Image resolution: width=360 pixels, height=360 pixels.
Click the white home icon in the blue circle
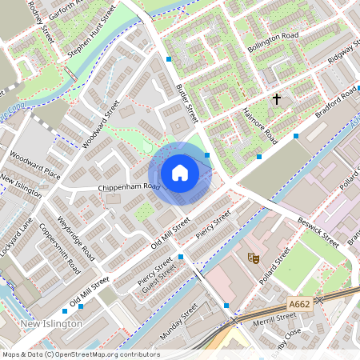click(x=180, y=173)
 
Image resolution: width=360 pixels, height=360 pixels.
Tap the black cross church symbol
click(x=277, y=100)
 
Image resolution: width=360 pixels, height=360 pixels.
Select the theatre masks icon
click(x=253, y=258)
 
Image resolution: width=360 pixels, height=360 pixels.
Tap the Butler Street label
click(x=186, y=104)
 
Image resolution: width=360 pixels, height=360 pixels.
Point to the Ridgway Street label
click(x=342, y=53)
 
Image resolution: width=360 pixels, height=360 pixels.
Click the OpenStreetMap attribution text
click(x=81, y=354)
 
